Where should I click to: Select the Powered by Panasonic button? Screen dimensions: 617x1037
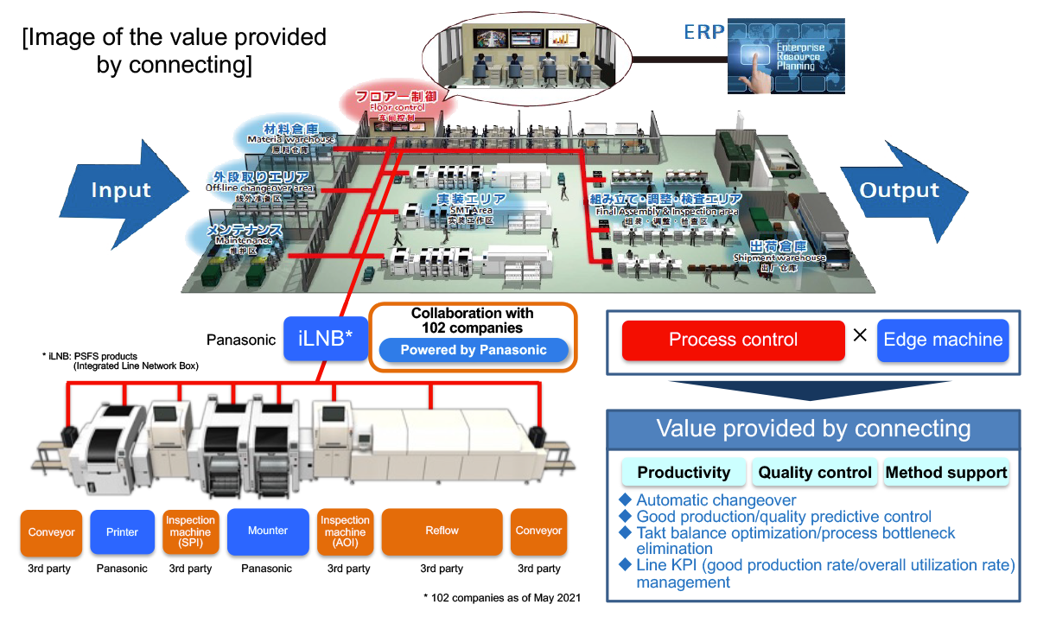[x=474, y=350]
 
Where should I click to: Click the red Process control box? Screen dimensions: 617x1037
[x=733, y=340]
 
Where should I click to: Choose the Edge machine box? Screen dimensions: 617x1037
[x=944, y=340]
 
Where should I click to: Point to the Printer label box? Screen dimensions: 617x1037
[x=122, y=531]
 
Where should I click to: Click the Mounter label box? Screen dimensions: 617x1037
[x=268, y=531]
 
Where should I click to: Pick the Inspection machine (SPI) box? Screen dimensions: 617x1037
[x=190, y=531]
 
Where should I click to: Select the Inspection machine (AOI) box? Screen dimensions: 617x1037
[x=345, y=531]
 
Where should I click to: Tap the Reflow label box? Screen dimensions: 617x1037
[x=442, y=531]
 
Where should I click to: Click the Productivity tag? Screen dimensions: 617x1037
[x=684, y=473]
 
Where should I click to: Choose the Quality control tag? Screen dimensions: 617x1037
[x=814, y=473]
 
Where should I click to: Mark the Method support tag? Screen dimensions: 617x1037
[x=946, y=473]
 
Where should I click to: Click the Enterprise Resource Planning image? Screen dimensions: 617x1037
[x=786, y=55]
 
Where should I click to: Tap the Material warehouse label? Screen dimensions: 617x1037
[x=290, y=134]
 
